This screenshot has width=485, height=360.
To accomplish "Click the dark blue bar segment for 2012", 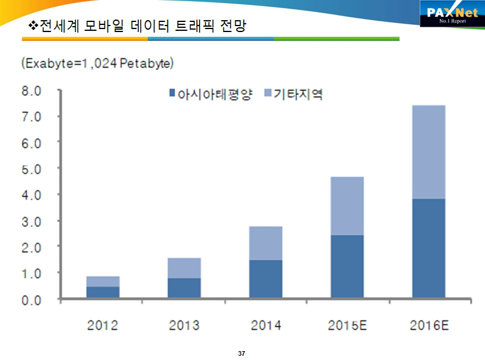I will point(102,292).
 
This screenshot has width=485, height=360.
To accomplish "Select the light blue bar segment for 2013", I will point(184,268).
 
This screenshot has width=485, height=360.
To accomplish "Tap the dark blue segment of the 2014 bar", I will point(265,278).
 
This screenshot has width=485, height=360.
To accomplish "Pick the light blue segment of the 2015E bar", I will point(347,206).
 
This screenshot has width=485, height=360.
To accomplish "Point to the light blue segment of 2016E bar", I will point(429,152).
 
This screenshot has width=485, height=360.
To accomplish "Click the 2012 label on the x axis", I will point(102,326).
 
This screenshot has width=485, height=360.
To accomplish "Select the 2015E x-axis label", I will point(347,326).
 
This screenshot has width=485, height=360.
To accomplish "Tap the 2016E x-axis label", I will point(429,326).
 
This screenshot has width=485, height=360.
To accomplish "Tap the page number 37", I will point(242,353).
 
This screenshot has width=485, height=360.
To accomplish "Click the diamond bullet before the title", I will point(33,26).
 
